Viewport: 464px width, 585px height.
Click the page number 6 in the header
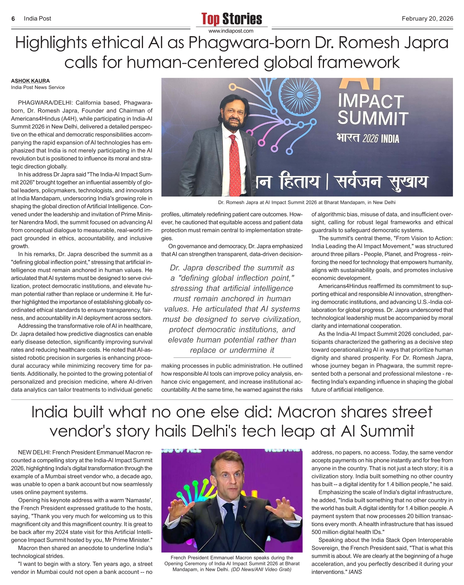[x=13, y=19]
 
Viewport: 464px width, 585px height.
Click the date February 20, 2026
[x=427, y=19]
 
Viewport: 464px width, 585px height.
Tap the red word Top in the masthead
[x=211, y=19]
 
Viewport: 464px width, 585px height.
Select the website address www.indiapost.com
[x=231, y=31]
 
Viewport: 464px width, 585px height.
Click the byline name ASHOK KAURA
[x=30, y=81]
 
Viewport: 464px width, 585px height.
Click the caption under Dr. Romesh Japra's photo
[x=307, y=202]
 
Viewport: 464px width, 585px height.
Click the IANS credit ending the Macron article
[x=355, y=572]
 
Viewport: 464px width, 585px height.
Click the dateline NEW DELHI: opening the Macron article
[x=34, y=452]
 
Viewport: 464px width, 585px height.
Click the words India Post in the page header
[x=37, y=19]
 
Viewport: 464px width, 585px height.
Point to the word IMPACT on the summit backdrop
[x=370, y=101]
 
